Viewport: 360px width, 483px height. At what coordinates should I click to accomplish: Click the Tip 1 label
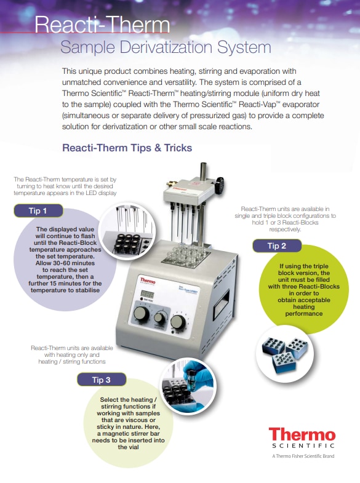point(38,211)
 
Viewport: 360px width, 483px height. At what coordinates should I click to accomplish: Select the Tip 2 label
point(276,246)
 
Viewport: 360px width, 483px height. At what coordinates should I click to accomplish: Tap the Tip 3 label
point(101,380)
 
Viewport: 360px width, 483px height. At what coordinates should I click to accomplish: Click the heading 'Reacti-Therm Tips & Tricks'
point(127,148)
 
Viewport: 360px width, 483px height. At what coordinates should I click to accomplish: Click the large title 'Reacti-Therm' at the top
point(102,25)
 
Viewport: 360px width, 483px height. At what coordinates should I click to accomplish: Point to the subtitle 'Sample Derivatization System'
point(165,47)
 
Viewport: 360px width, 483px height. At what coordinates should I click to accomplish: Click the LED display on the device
point(145,293)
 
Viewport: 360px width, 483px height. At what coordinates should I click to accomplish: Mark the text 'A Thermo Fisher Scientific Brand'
point(303,457)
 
